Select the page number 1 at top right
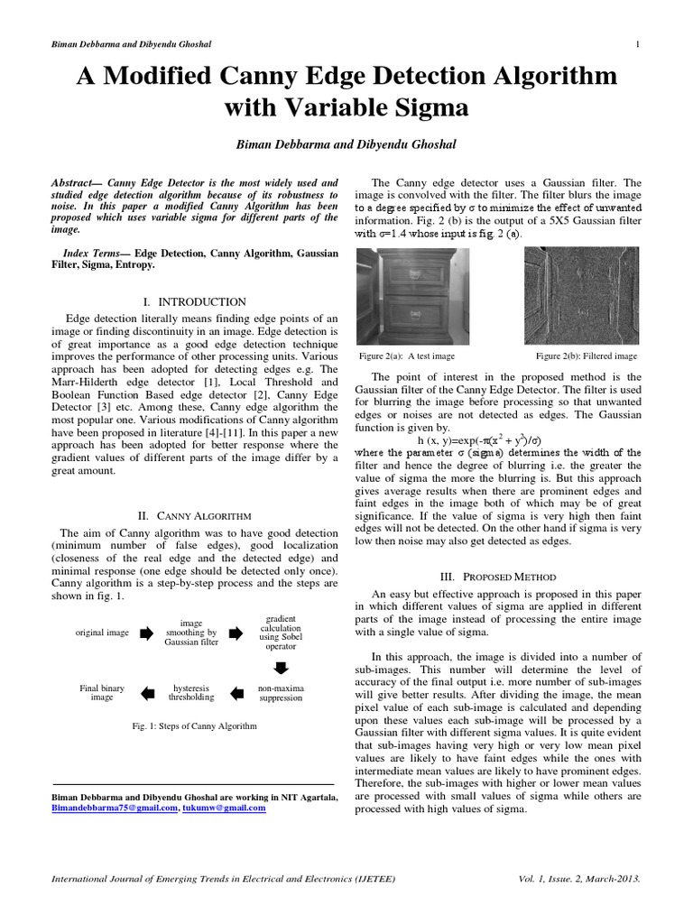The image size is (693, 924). click(x=638, y=45)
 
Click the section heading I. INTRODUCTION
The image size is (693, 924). click(x=194, y=301)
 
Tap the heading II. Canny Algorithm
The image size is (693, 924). click(x=194, y=515)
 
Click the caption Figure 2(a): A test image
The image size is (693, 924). click(x=406, y=356)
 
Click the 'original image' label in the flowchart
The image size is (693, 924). click(x=102, y=633)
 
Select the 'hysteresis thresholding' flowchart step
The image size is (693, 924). click(x=191, y=693)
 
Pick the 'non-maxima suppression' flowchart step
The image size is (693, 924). click(x=280, y=693)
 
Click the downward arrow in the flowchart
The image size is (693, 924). click(x=280, y=668)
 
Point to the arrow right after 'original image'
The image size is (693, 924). click(x=147, y=633)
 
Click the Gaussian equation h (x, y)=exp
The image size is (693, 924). click(x=479, y=439)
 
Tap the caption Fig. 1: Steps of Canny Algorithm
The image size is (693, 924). click(x=194, y=725)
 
